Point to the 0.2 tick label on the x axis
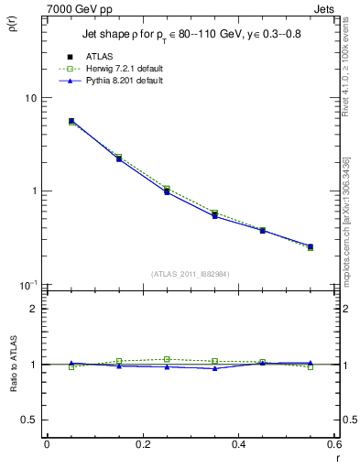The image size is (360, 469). point(142,446)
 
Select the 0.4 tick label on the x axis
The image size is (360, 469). point(238,446)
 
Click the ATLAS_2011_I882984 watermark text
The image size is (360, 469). point(190,274)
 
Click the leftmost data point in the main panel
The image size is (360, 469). point(71,121)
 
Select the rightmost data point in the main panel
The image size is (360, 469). point(311,246)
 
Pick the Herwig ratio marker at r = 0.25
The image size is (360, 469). point(167,359)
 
